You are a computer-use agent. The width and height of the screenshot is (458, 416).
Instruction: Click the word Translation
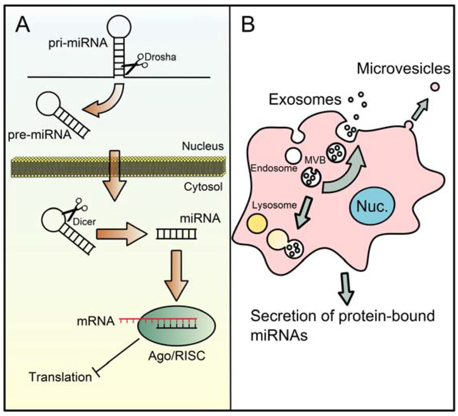(59, 376)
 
